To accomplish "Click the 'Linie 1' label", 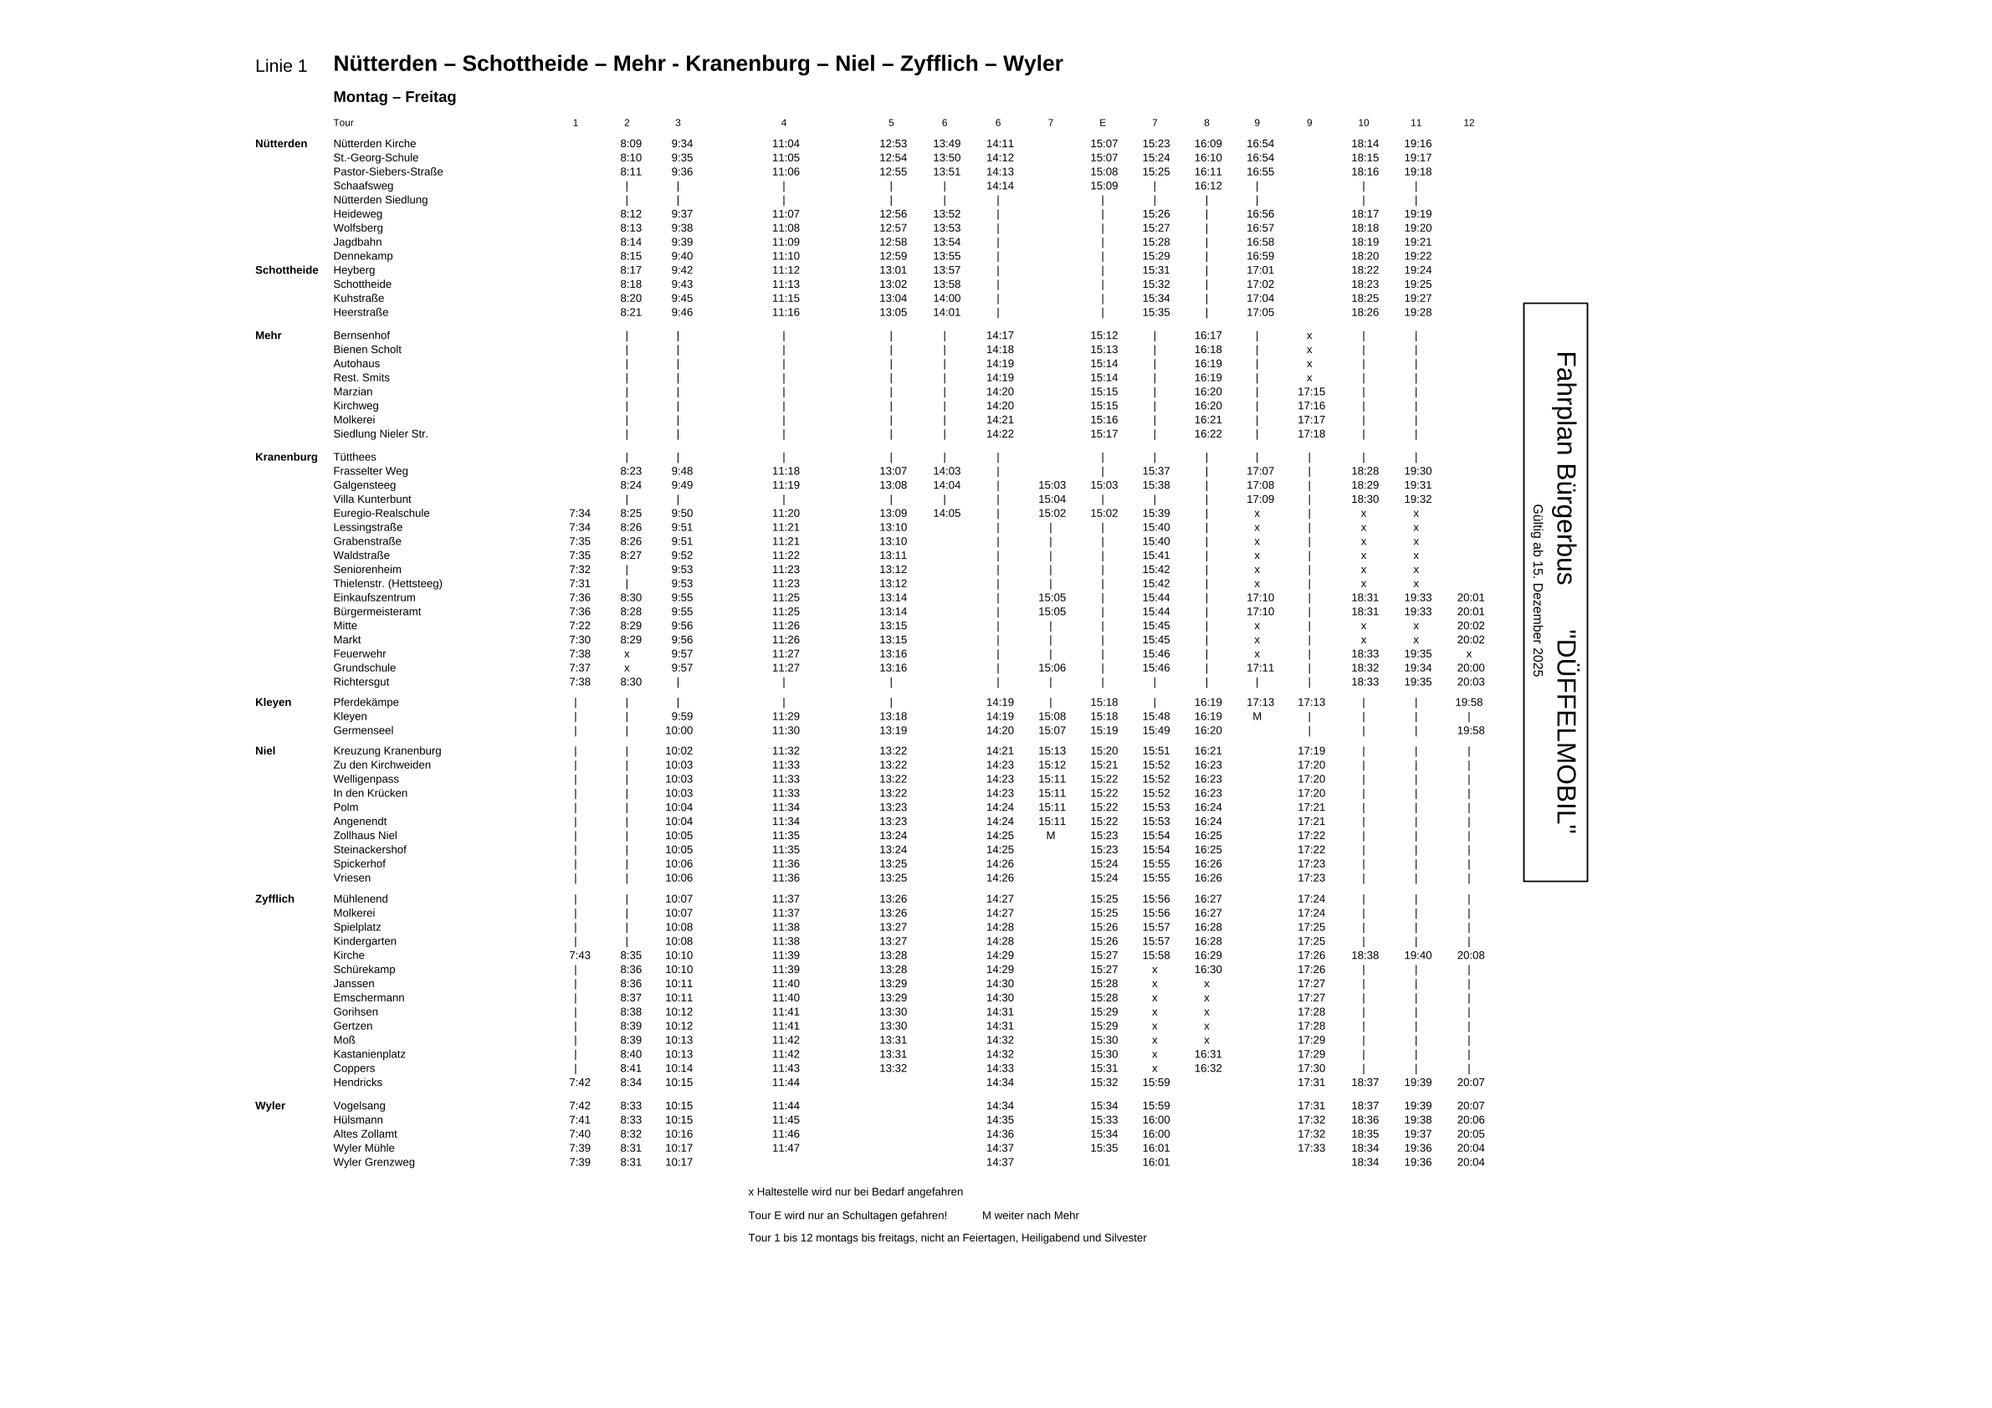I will coord(281,67).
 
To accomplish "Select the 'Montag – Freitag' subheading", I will coord(395,97).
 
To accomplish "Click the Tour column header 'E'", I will coord(1102,123).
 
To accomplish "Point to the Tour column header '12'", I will coord(1468,123).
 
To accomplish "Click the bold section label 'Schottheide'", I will coord(286,271).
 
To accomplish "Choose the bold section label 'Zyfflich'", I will coord(274,899).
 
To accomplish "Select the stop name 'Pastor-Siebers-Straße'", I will coord(388,172).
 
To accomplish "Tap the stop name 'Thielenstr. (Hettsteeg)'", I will coord(388,584).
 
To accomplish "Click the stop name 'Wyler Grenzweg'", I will coord(374,1163).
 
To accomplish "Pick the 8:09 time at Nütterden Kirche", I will coord(631,144).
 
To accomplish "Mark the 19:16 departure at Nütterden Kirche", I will coord(1417,144).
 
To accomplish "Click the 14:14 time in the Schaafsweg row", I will coord(1000,187).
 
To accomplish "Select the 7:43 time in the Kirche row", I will coord(580,956).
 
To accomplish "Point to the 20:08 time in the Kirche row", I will coord(1471,956).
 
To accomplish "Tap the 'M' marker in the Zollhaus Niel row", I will coord(1050,837).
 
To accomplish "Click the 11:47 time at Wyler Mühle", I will coord(786,1149).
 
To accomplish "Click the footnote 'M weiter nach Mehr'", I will coord(1030,1216).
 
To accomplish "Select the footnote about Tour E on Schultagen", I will coord(847,1216).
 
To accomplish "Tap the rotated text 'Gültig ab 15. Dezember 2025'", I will coord(1538,591).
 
